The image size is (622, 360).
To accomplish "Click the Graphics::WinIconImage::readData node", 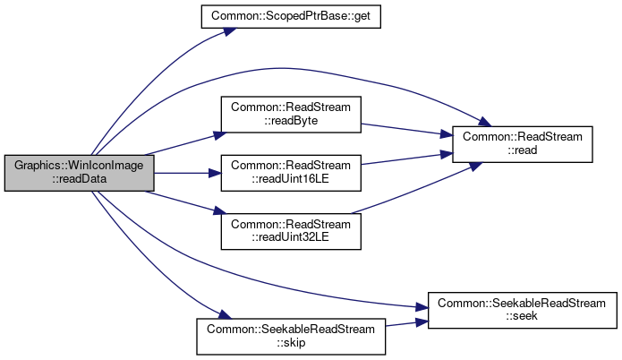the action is pyautogui.click(x=80, y=173).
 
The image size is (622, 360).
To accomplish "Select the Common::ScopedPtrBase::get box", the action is pyautogui.click(x=291, y=17).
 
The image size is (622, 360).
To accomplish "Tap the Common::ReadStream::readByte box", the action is pyautogui.click(x=291, y=115).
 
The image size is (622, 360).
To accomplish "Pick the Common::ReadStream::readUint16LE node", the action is pyautogui.click(x=291, y=173).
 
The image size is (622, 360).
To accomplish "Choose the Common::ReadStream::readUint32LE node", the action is pyautogui.click(x=291, y=231).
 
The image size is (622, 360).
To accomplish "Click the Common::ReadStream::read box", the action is pyautogui.click(x=523, y=144).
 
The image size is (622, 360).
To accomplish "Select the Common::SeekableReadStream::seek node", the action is pyautogui.click(x=523, y=311).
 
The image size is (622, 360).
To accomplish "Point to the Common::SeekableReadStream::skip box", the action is pyautogui.click(x=291, y=337).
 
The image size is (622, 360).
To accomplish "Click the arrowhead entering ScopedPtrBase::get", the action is pyautogui.click(x=230, y=30).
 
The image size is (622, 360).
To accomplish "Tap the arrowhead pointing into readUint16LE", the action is pyautogui.click(x=215, y=173).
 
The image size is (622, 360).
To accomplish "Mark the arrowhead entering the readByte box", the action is pyautogui.click(x=220, y=135).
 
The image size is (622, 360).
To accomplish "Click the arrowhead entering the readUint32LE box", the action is pyautogui.click(x=220, y=210).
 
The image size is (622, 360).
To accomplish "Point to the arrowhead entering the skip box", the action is pyautogui.click(x=225, y=314).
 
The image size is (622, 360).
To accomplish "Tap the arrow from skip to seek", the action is pyautogui.click(x=406, y=323).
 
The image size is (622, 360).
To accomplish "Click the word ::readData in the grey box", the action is pyautogui.click(x=80, y=179).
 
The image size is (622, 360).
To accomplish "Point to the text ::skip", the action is pyautogui.click(x=291, y=342).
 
